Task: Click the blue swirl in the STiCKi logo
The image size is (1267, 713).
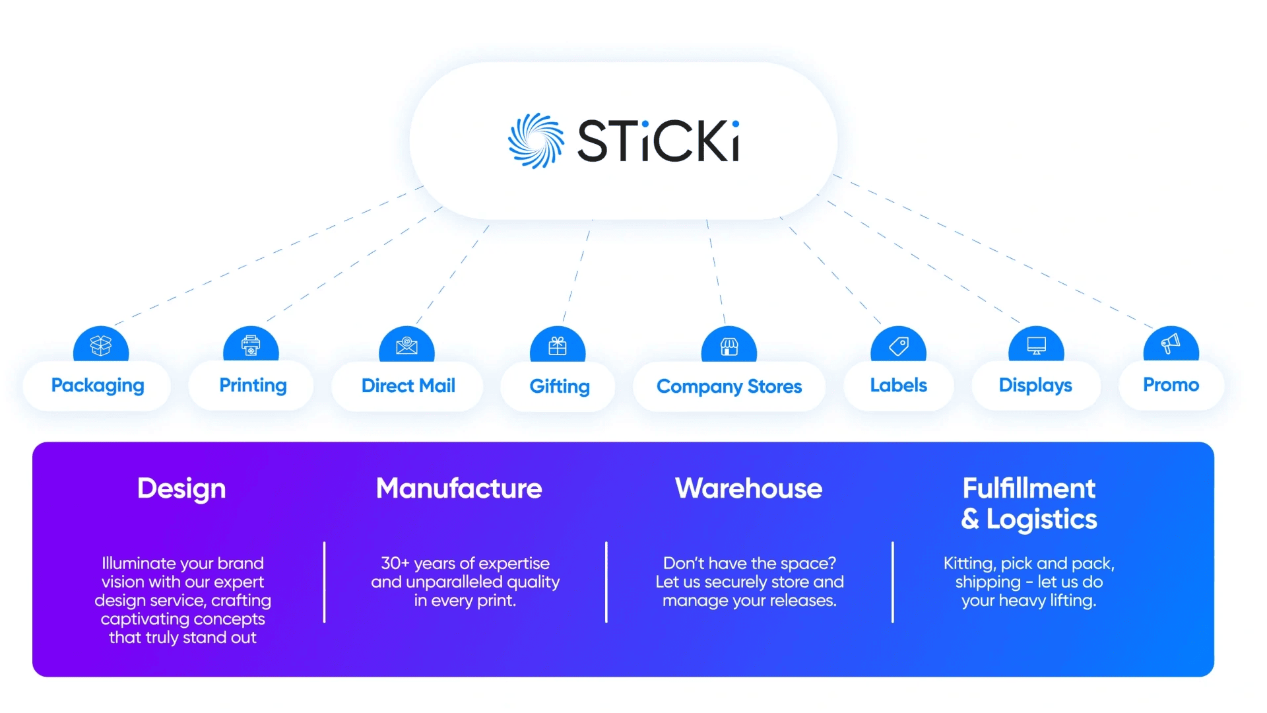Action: pos(536,141)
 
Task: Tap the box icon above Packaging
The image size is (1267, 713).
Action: pos(101,345)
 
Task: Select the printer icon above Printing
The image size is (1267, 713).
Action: pos(251,345)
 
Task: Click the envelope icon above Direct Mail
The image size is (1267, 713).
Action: pos(406,345)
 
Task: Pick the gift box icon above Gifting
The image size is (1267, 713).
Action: pos(558,345)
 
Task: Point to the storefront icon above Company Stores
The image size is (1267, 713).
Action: pos(729,346)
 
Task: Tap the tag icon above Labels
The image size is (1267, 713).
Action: pos(899,345)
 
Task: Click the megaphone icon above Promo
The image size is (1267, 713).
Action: pos(1171,343)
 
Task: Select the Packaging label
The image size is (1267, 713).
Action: pos(98,386)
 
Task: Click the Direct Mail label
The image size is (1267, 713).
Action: pos(408,386)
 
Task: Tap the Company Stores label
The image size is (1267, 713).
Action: pos(729,386)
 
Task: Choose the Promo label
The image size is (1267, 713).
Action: pos(1171,385)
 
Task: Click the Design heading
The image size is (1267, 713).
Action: pos(181,489)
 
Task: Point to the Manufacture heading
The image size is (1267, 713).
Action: pos(459,489)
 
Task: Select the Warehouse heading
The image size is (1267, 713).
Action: pos(748,489)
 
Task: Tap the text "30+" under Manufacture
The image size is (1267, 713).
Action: pos(395,563)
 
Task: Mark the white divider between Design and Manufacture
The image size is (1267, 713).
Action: pos(324,582)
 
